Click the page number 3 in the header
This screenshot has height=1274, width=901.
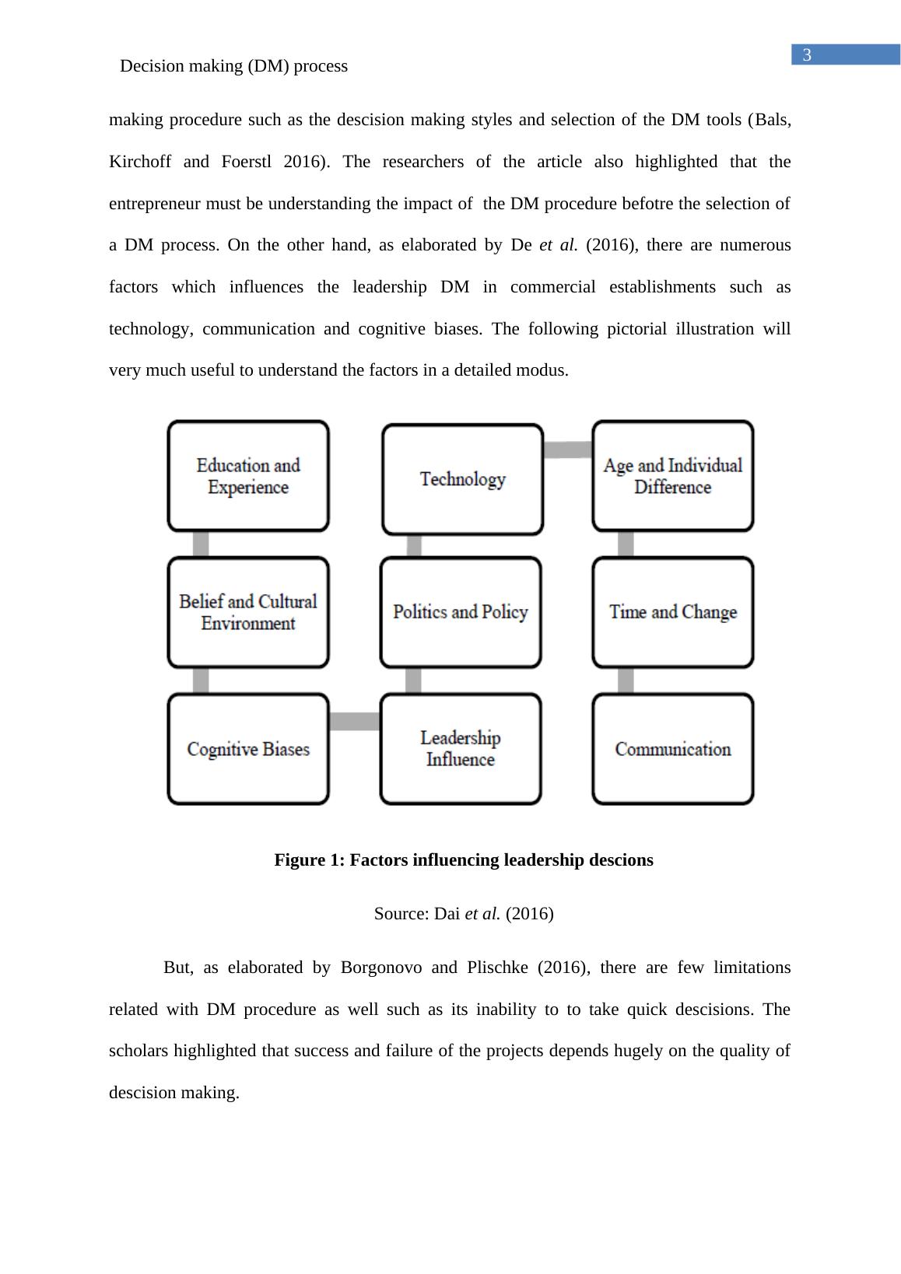tap(807, 55)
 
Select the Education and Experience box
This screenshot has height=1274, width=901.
tap(248, 476)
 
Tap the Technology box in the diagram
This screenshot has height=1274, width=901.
tap(462, 479)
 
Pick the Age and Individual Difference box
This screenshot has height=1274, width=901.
tap(672, 476)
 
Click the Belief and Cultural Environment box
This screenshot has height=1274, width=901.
tap(248, 612)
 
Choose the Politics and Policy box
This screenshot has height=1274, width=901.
tap(461, 612)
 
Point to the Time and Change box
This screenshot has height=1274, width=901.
tap(672, 612)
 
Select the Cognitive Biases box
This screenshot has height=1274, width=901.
tap(248, 749)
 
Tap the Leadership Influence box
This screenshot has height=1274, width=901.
tap(461, 749)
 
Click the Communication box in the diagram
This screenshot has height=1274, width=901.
tap(672, 749)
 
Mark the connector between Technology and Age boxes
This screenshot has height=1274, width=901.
tap(567, 450)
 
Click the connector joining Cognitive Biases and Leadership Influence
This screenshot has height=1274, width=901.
tap(354, 722)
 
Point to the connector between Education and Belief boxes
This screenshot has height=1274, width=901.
tap(201, 544)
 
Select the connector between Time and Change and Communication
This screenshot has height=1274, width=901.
tap(626, 681)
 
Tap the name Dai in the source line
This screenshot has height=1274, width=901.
tap(447, 914)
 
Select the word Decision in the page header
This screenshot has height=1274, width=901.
tap(153, 66)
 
